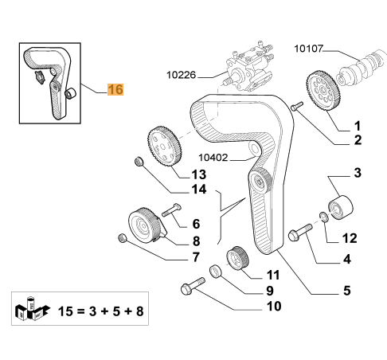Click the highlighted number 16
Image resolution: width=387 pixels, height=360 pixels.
(x=115, y=89)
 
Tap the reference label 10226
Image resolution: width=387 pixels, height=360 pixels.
(x=181, y=75)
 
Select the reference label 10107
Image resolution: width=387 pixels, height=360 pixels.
(x=309, y=49)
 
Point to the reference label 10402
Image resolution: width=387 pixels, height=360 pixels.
(x=213, y=158)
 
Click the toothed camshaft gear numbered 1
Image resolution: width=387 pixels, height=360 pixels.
(x=322, y=91)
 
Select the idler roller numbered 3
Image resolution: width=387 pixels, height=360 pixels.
(x=341, y=207)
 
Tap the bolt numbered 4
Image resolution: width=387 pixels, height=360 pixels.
(x=300, y=233)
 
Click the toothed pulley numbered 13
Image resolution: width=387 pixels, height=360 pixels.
(x=165, y=147)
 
